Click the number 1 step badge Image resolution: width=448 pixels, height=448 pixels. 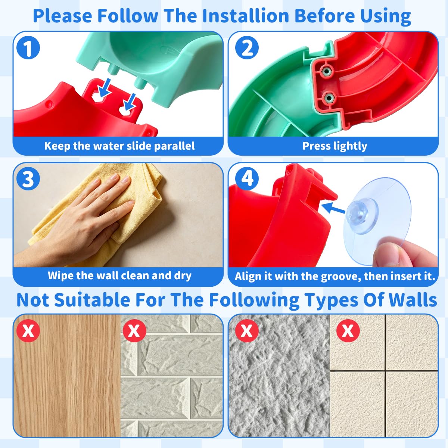[28, 48]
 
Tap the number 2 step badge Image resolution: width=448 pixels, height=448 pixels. [247, 48]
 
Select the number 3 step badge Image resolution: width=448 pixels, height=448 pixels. [28, 179]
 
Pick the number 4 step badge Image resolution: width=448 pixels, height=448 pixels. [247, 179]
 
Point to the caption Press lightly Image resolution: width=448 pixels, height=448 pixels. [335, 146]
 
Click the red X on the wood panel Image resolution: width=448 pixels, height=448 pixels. [28, 331]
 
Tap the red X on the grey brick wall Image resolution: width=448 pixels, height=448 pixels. [134, 331]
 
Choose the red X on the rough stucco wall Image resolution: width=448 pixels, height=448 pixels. [247, 331]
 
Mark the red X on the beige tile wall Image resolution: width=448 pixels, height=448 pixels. [348, 331]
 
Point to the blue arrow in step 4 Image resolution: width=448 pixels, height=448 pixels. [333, 208]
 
